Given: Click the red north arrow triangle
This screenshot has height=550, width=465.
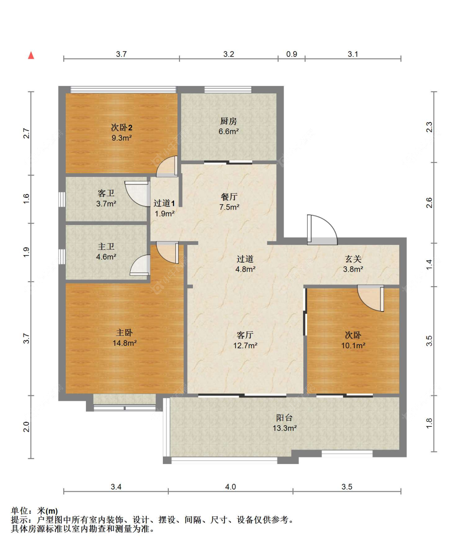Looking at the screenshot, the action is pyautogui.click(x=31, y=55).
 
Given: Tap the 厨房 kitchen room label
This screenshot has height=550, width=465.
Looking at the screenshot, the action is pyautogui.click(x=228, y=121).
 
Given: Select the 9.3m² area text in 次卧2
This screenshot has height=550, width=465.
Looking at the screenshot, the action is pyautogui.click(x=122, y=138).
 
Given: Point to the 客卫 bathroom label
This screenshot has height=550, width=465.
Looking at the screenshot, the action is pyautogui.click(x=106, y=193).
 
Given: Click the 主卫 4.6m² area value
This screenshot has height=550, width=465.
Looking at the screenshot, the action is pyautogui.click(x=106, y=256).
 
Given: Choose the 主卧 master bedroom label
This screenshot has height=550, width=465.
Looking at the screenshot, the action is pyautogui.click(x=124, y=332).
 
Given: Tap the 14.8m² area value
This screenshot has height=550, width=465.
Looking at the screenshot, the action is pyautogui.click(x=124, y=343).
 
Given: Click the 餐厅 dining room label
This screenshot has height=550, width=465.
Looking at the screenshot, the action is pyautogui.click(x=229, y=197).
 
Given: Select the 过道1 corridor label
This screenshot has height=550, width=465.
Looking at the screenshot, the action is pyautogui.click(x=164, y=203).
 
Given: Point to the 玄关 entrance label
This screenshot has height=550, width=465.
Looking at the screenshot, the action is pyautogui.click(x=353, y=259).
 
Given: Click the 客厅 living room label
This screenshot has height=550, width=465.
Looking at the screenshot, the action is pyautogui.click(x=245, y=335).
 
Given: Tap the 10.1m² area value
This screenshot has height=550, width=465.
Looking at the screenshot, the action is pyautogui.click(x=353, y=345).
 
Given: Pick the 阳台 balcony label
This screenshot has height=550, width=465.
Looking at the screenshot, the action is pyautogui.click(x=284, y=418).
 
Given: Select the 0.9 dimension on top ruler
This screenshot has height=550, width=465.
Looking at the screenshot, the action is pyautogui.click(x=291, y=54).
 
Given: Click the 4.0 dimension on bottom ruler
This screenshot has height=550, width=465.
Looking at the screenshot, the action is pyautogui.click(x=230, y=487).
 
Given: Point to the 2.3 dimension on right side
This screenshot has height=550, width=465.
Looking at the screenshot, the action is pyautogui.click(x=429, y=127).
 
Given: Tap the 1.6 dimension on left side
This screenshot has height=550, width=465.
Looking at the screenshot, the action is pyautogui.click(x=26, y=199).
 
